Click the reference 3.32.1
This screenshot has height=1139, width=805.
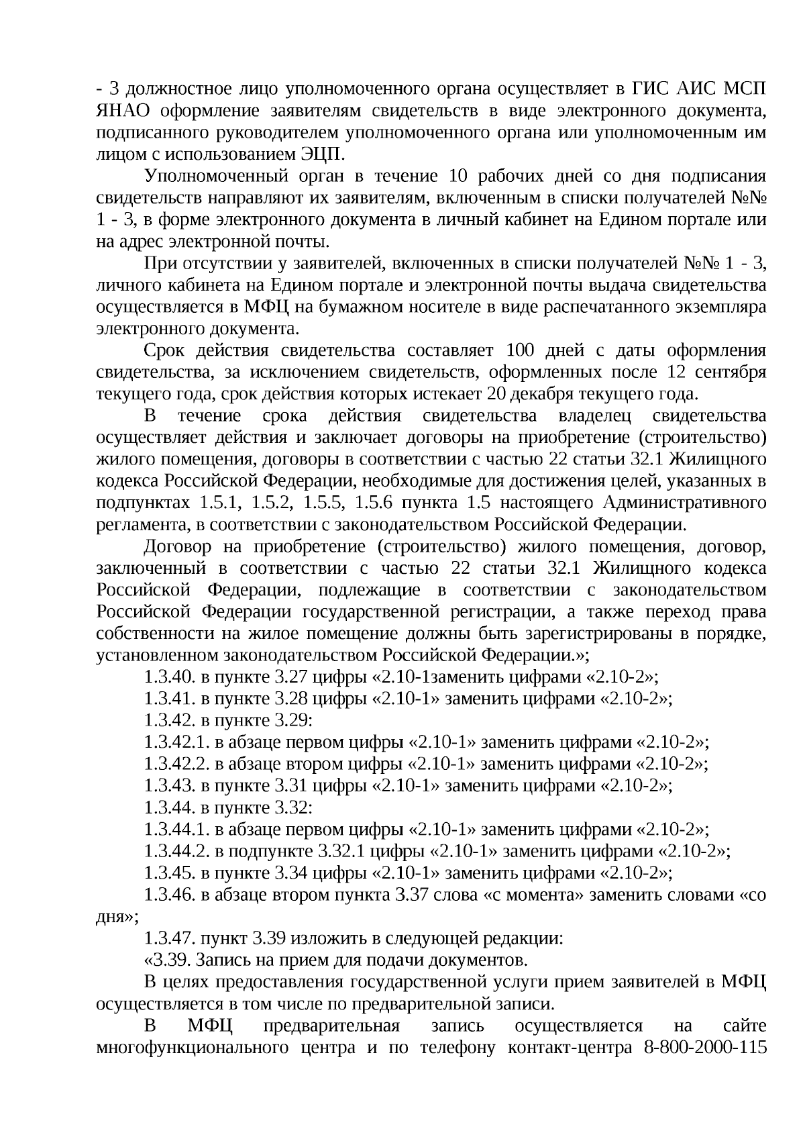(x=341, y=852)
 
